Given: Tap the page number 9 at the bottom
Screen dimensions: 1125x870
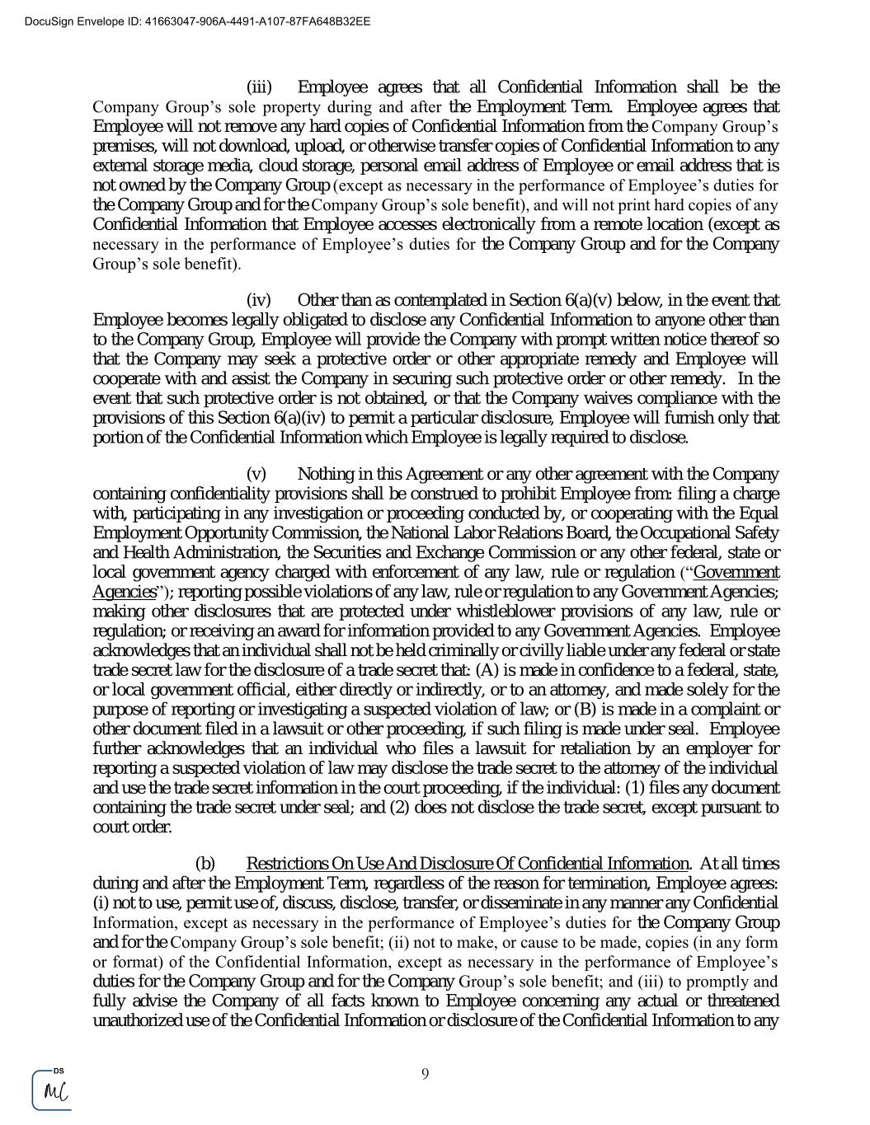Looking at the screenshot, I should pos(425,1073).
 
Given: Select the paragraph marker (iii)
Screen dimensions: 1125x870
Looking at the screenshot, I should pos(259,87).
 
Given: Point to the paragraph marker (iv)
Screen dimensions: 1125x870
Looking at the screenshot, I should pos(259,300).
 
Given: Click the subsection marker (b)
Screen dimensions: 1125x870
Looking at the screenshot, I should pos(205,864).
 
